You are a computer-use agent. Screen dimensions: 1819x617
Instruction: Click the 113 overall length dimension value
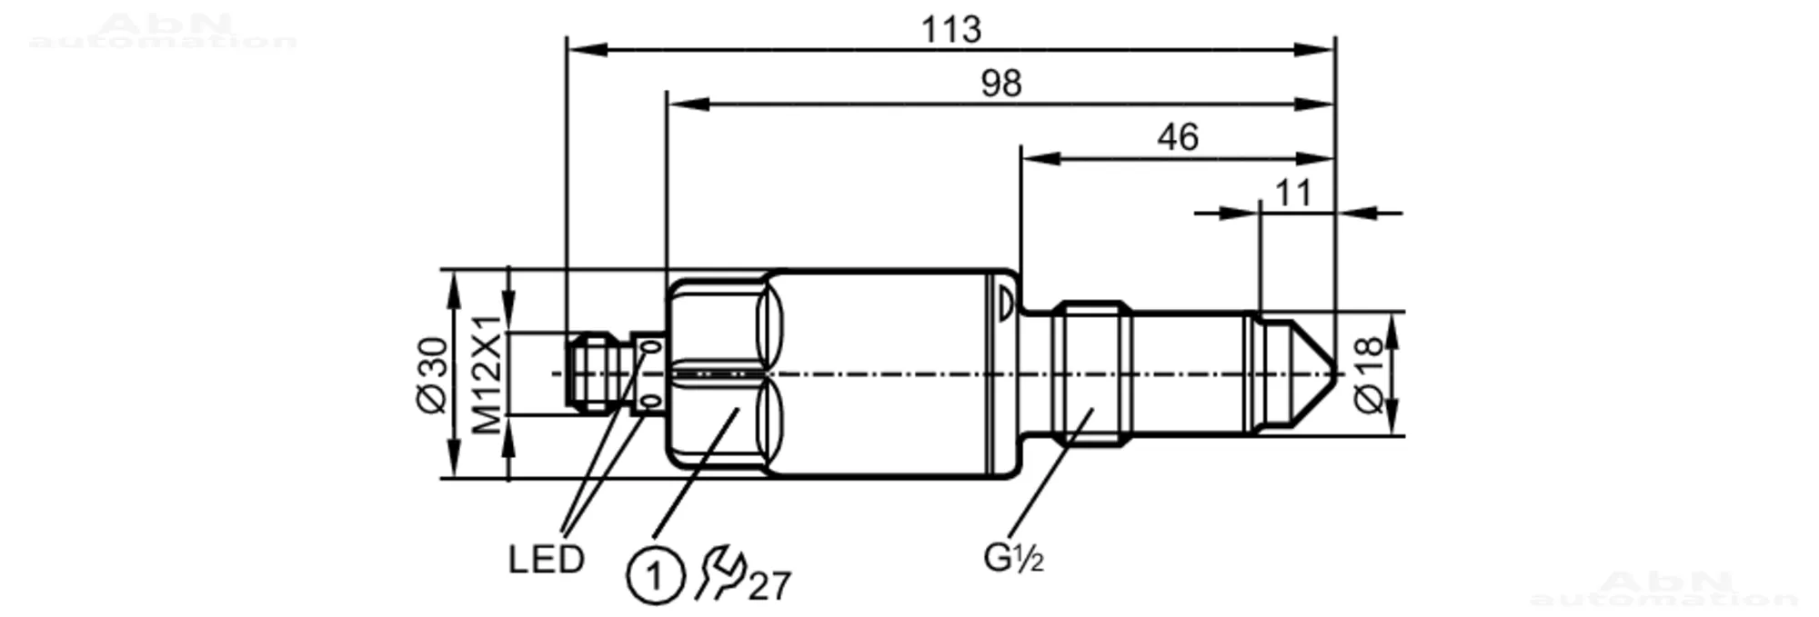tap(951, 30)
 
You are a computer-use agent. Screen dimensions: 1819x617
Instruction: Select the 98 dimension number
tap(1001, 84)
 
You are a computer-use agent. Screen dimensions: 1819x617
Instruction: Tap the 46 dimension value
tap(1178, 137)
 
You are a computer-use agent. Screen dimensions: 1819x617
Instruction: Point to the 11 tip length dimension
tap(1293, 193)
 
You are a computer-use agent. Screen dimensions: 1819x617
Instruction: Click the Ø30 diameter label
tap(433, 374)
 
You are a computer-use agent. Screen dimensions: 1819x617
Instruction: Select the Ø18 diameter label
tap(1369, 374)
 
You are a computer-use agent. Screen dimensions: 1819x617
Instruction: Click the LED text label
tap(546, 560)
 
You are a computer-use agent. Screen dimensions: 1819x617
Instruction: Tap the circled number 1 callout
tap(654, 576)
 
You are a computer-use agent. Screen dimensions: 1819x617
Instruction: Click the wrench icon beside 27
tap(719, 573)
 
